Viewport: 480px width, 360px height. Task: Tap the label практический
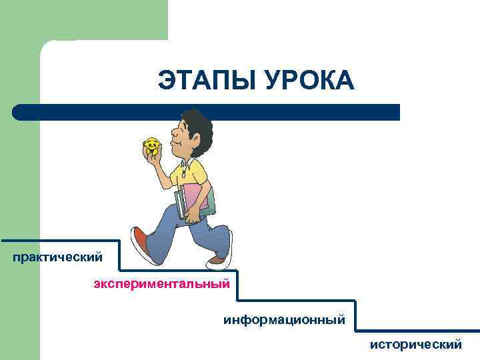(x=57, y=256)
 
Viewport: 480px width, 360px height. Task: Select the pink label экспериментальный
(x=161, y=285)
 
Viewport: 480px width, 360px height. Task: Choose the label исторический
(x=416, y=345)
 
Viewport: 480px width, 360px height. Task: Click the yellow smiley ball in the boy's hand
(x=151, y=147)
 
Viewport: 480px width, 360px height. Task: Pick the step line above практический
(x=60, y=241)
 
